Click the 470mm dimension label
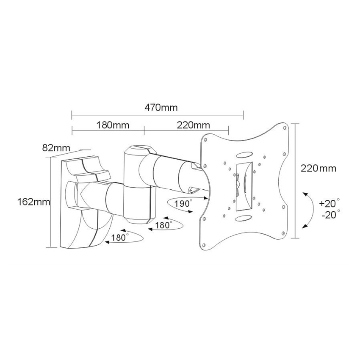[161, 108]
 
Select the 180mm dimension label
[113, 125]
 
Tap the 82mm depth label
[56, 148]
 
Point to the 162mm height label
[33, 202]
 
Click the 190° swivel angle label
[183, 203]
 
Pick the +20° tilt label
[329, 203]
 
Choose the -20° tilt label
[331, 215]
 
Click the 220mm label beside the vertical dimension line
[318, 169]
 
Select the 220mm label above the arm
[193, 125]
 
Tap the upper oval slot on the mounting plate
[244, 155]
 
